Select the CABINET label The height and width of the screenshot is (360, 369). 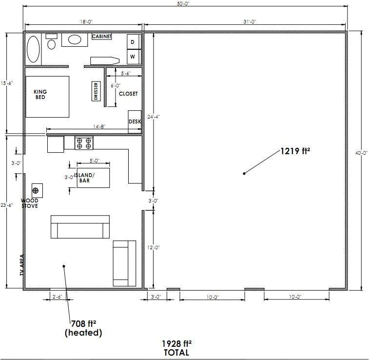coord(102,37)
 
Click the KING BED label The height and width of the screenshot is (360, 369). coord(40,94)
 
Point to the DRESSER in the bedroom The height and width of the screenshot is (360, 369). coord(96,91)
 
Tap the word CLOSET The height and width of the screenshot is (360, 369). coord(128,94)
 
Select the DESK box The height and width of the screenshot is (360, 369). coord(135,122)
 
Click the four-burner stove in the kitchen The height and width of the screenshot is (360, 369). coord(84,143)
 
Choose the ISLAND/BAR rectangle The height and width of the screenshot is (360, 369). coord(92,178)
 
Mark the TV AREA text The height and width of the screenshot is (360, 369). coord(21,265)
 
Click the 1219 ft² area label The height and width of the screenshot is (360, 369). coord(295,151)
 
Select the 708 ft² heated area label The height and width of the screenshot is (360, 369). coord(83,328)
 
